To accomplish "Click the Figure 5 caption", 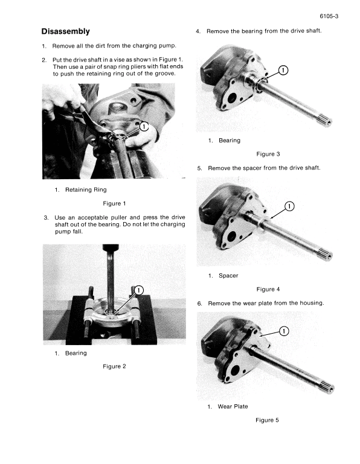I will coord(268,420).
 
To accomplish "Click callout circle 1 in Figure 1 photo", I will coord(144,127).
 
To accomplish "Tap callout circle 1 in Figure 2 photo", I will coord(139,290).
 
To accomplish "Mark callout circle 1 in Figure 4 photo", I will coord(289,206).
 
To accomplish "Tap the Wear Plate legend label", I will coord(233,406).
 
